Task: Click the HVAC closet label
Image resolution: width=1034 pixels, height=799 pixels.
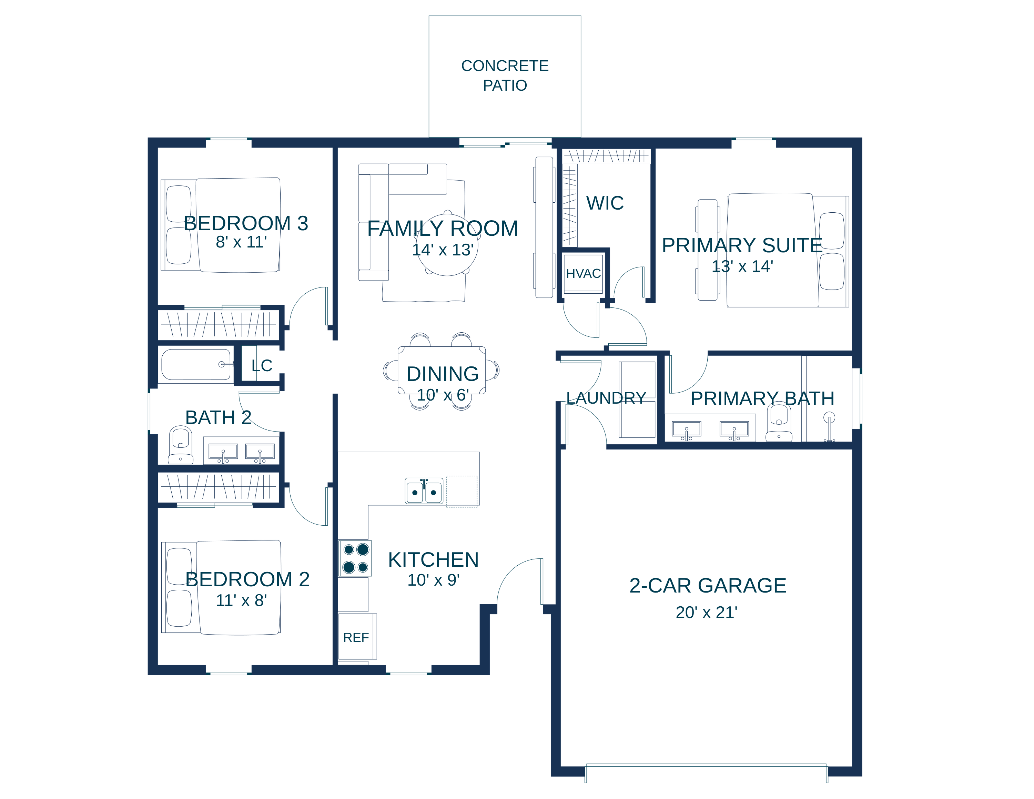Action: point(583,274)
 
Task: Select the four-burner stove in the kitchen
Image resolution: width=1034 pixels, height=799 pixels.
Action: point(355,558)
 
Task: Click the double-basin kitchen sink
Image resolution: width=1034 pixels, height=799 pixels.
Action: point(424,491)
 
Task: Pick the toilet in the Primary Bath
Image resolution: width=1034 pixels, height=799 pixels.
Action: point(779,422)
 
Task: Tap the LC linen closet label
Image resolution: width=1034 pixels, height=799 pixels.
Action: point(262,365)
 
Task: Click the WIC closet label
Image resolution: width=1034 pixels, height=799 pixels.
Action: point(605,203)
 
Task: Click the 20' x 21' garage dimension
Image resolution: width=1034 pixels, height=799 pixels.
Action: point(706,613)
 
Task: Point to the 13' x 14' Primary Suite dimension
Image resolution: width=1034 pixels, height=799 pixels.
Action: point(742,266)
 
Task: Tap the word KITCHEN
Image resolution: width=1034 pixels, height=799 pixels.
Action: point(433,559)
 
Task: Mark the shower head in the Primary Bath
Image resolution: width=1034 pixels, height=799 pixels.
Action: point(829,417)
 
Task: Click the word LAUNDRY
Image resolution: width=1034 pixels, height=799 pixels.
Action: point(606,398)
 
